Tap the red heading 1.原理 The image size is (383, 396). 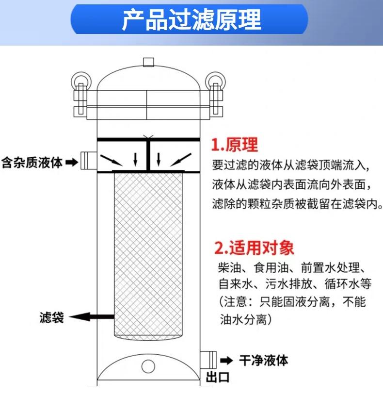235,145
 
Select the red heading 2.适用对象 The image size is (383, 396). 254,248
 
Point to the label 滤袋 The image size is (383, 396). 51,318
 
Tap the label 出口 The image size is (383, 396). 217,377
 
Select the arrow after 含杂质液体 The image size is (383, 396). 71,161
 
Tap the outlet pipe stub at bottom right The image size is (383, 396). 208,360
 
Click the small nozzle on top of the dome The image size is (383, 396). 148,62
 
